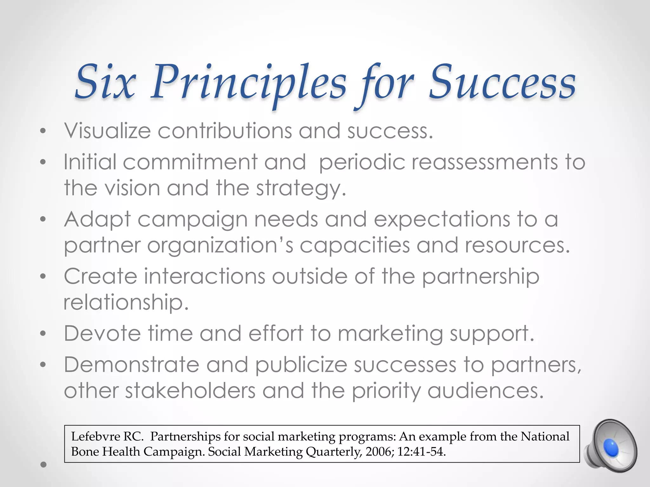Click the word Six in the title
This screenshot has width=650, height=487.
click(106, 82)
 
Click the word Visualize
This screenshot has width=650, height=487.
click(107, 131)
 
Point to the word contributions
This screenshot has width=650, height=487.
click(225, 131)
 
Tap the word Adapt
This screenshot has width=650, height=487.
click(97, 220)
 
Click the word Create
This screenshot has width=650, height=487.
click(101, 276)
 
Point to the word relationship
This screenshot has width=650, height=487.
click(126, 302)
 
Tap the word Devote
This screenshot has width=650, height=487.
click(102, 334)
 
